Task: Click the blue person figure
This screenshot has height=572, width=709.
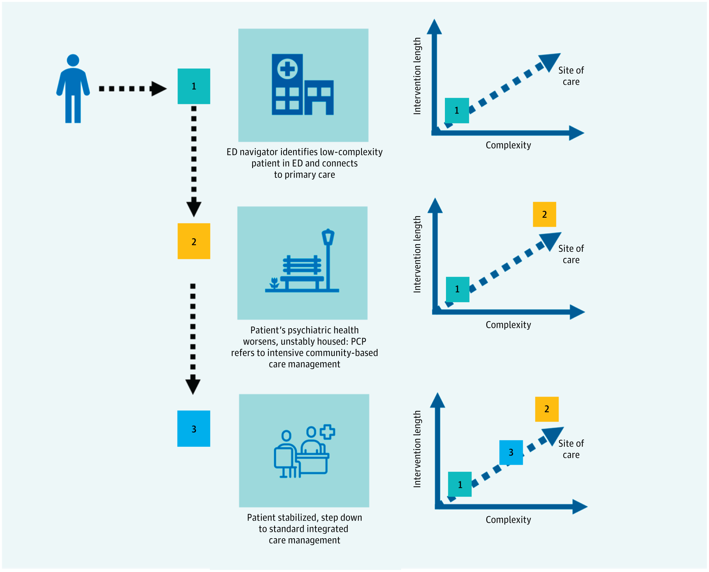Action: [x=73, y=89]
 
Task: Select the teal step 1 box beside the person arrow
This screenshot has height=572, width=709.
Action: [x=194, y=86]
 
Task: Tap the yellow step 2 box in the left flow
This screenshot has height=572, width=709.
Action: [x=194, y=241]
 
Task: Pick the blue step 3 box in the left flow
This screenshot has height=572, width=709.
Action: [x=194, y=429]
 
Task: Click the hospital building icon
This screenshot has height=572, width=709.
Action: [x=303, y=85]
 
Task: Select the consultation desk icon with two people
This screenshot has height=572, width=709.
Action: [x=304, y=451]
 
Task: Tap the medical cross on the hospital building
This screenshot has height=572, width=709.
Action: [x=287, y=69]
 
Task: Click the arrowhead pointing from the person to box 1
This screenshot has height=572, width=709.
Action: [x=158, y=89]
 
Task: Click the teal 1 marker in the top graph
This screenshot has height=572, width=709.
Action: [x=457, y=110]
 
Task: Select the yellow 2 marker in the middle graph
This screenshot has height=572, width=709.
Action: [x=544, y=214]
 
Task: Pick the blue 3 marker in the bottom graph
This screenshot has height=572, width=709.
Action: [x=511, y=452]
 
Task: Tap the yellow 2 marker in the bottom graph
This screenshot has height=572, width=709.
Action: [x=547, y=409]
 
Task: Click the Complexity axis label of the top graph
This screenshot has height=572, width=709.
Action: [x=508, y=145]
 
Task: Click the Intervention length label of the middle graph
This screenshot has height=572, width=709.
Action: [x=417, y=254]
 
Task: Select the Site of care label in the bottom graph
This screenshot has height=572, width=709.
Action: [x=571, y=449]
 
